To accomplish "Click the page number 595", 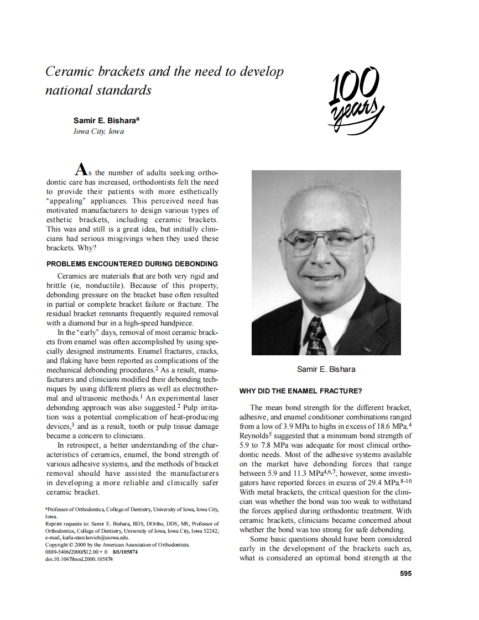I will [x=405, y=573].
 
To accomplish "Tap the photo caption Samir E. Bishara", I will [x=326, y=369].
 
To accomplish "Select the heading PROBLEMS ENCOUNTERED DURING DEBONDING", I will [x=132, y=264].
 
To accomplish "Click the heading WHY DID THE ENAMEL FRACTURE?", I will [x=300, y=391].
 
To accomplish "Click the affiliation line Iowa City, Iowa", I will [x=98, y=132].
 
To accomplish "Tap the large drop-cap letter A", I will [x=81, y=170].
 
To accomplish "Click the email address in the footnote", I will [x=87, y=537].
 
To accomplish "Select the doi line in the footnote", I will [x=79, y=559].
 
